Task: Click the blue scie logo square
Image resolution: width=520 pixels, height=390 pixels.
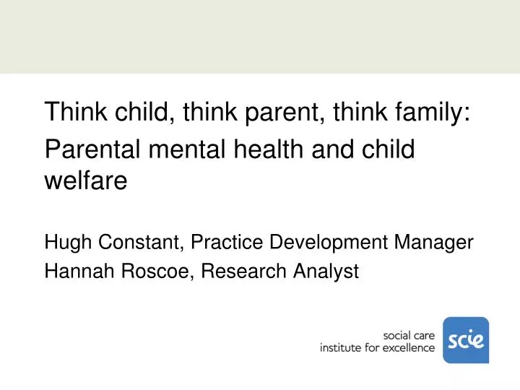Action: (465, 339)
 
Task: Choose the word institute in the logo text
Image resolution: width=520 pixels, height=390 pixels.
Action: (342, 348)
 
